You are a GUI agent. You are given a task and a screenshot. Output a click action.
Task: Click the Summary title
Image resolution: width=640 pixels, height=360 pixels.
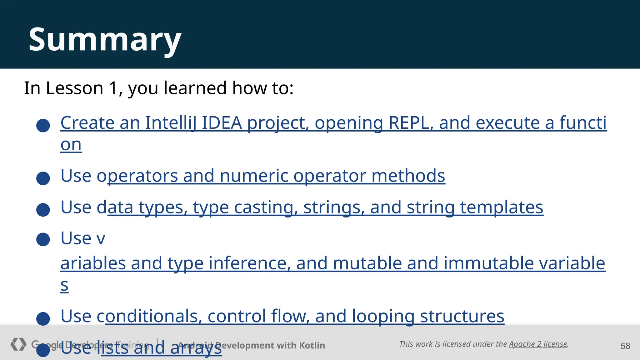pos(105,40)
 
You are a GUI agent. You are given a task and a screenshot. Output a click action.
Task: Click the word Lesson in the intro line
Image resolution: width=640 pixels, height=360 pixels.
pos(74,88)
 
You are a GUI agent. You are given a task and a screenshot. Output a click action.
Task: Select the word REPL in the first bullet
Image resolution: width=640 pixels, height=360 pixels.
pos(411,123)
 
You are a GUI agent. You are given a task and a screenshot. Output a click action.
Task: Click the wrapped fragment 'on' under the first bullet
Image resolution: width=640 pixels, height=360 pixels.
pos(71,145)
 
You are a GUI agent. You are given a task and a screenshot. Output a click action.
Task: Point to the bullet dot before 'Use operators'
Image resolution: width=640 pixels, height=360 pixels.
pos(43,178)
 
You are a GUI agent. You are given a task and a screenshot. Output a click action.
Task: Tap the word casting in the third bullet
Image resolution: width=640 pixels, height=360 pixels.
pos(264,207)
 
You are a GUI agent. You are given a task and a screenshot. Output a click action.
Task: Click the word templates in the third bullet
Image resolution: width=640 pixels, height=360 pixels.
pos(502,207)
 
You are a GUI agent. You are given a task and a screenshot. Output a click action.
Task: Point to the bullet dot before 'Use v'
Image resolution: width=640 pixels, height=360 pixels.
pos(43,239)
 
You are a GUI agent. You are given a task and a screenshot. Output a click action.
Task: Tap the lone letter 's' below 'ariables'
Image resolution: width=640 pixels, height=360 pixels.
pos(64,285)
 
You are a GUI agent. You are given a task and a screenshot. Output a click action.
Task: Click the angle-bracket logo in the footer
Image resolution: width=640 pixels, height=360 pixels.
pos(18,344)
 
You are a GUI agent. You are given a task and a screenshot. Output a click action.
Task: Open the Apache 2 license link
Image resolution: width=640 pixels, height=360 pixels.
pos(538,344)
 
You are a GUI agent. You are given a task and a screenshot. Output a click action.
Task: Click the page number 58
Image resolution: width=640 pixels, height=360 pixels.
pos(625,346)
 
